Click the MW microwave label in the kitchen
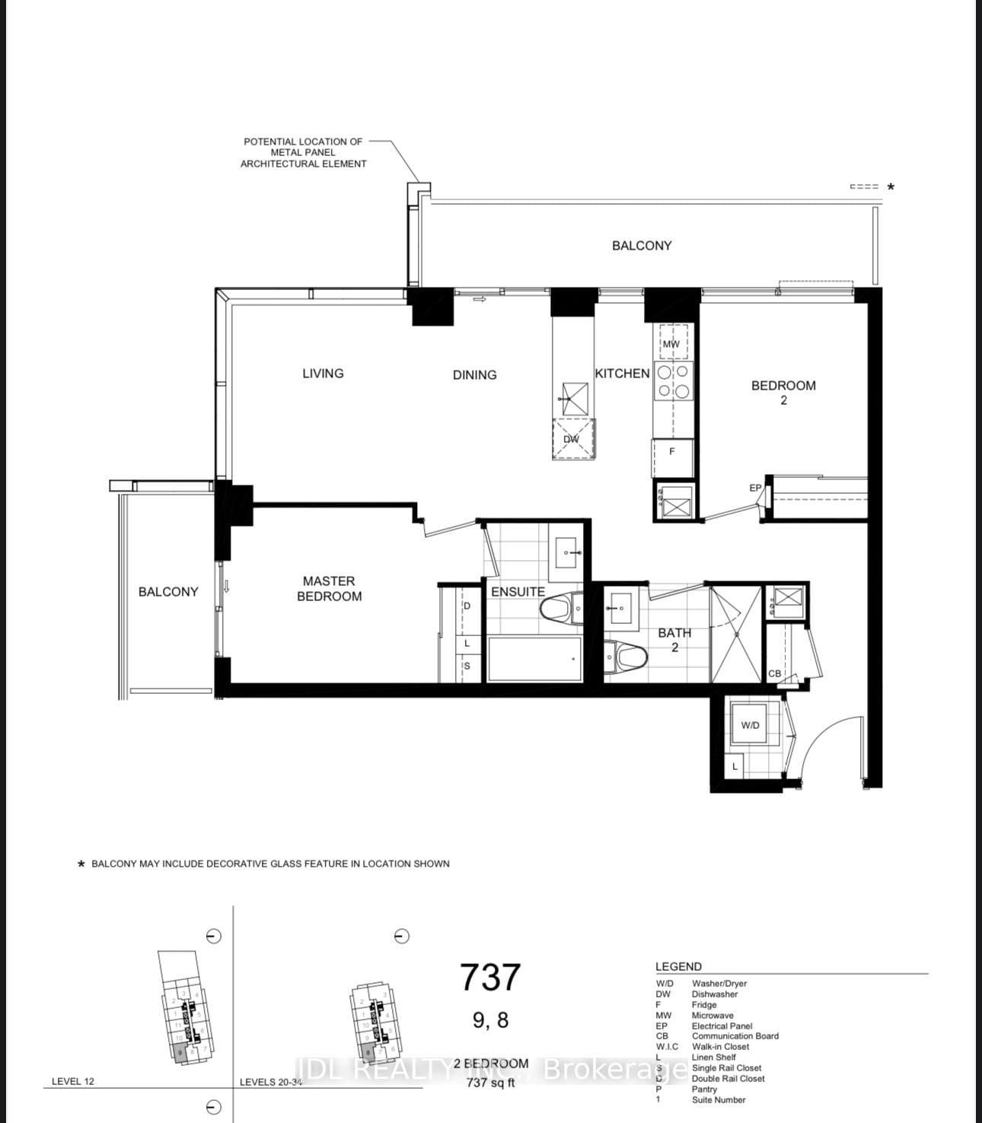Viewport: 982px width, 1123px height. [x=671, y=344]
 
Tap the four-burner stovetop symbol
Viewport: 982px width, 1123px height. [x=673, y=381]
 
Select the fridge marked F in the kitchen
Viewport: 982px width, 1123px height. [x=672, y=451]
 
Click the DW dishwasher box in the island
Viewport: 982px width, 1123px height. [x=572, y=439]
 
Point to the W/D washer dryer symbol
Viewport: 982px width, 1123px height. [x=750, y=725]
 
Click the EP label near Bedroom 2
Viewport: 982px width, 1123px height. [x=755, y=488]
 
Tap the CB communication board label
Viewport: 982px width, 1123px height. [x=774, y=673]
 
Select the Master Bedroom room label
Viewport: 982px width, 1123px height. [x=329, y=588]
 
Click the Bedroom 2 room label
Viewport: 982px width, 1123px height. [x=783, y=392]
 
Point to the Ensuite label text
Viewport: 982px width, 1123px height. [x=518, y=591]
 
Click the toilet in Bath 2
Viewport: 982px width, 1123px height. [x=629, y=655]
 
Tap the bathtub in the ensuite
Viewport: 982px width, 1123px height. [x=534, y=659]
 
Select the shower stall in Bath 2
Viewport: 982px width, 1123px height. [x=735, y=636]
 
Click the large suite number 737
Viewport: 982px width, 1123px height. [x=490, y=978]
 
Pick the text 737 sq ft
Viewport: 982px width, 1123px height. [x=490, y=1083]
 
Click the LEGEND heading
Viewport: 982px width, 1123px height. [x=678, y=966]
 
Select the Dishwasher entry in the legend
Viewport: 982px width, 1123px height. [x=714, y=994]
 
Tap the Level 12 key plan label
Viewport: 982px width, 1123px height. [x=73, y=1081]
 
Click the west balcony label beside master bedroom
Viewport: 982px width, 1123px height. [x=168, y=591]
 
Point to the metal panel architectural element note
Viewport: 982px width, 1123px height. [x=303, y=152]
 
